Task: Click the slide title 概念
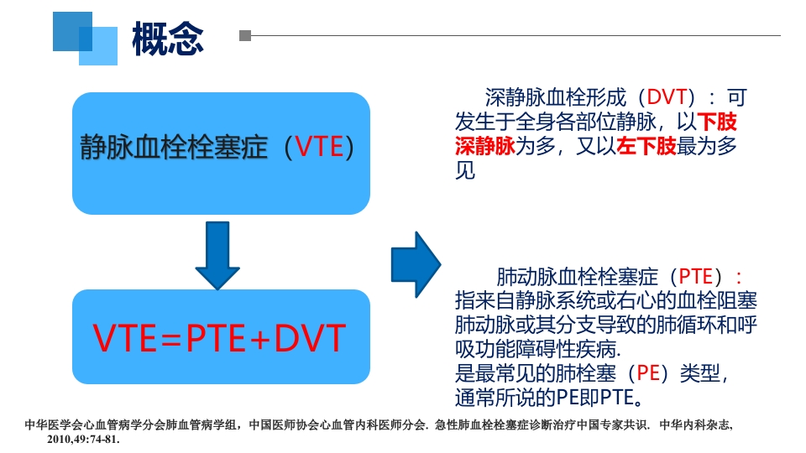pos(168,38)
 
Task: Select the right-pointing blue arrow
pos(416,264)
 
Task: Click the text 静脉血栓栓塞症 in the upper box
pos(174,148)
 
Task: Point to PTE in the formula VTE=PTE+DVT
pos(217,338)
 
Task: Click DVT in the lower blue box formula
pos(310,338)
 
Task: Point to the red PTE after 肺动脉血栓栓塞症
pos(695,276)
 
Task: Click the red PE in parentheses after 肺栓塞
pos(649,372)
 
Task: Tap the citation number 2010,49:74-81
pos(83,439)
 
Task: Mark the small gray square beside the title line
pos(245,36)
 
